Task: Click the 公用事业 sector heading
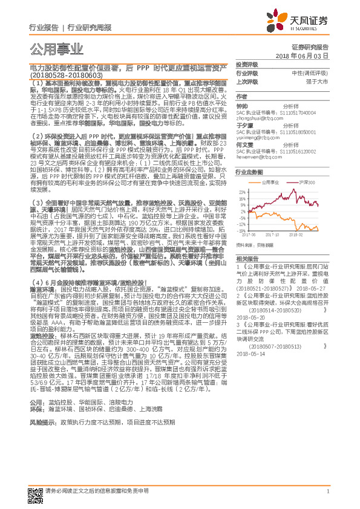(56, 48)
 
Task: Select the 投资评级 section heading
(247, 64)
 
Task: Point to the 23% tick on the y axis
(241, 192)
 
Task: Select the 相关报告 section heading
(246, 258)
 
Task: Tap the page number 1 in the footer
(327, 491)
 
